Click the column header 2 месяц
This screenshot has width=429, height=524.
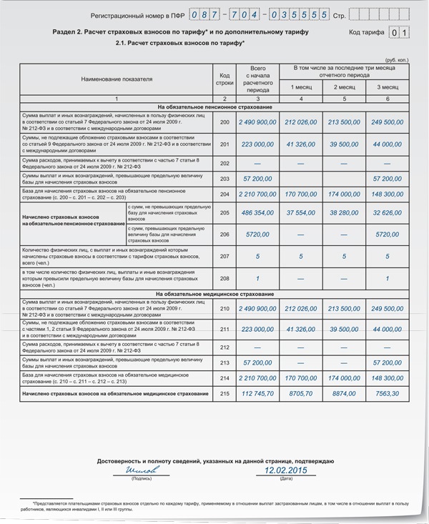345,87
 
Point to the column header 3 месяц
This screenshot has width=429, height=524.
388,87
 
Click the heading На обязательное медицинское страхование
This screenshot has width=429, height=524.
215,295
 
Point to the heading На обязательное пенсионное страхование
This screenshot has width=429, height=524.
215,107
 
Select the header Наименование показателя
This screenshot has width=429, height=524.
117,79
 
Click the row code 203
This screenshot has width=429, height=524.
225,178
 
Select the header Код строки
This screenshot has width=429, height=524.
225,79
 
